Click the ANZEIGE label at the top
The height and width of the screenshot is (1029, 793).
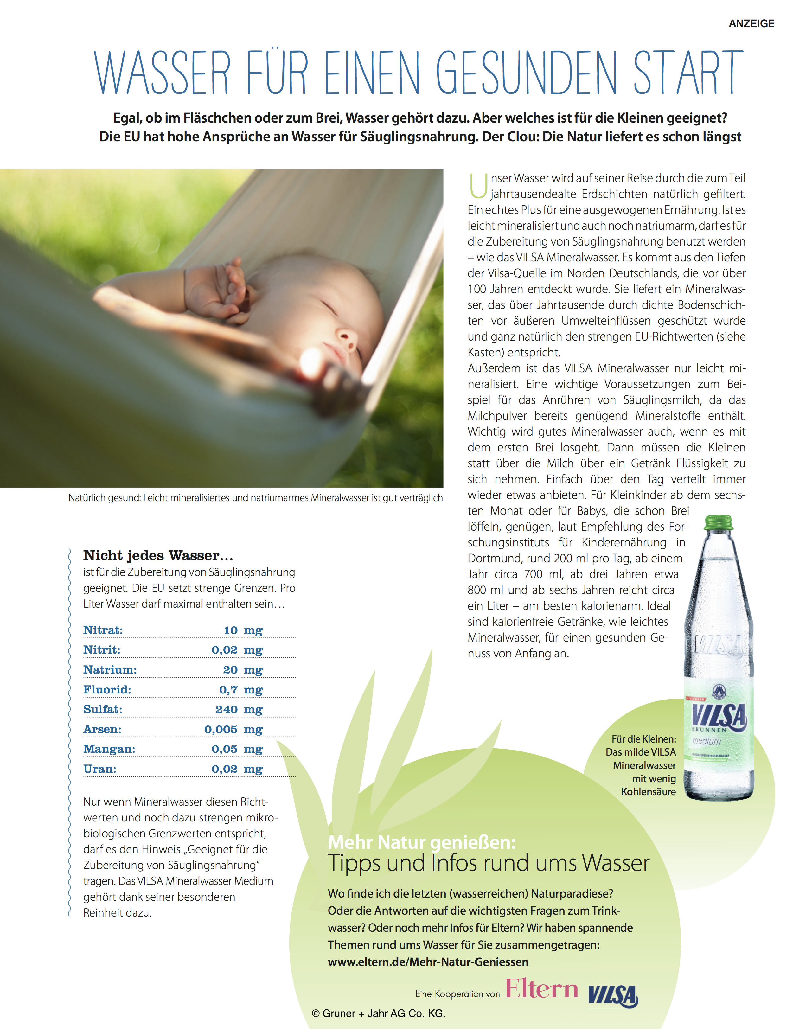[x=751, y=23]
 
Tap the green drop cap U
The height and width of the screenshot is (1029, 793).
[x=478, y=186]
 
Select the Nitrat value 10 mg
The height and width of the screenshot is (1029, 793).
[x=243, y=630]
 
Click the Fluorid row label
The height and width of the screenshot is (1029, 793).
[x=107, y=690]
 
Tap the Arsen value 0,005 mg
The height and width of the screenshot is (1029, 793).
[x=233, y=729]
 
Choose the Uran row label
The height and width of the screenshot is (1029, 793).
[x=99, y=769]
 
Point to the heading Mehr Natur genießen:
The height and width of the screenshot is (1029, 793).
[x=422, y=842]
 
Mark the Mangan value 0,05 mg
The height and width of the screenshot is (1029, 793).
[x=237, y=749]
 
